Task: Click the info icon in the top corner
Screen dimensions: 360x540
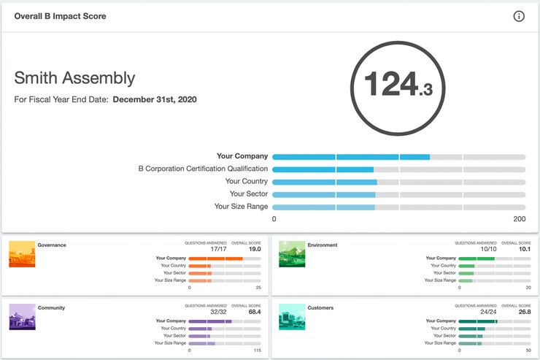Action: (x=519, y=17)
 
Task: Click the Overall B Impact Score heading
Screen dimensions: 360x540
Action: (x=60, y=16)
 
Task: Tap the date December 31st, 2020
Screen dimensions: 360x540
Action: (x=154, y=99)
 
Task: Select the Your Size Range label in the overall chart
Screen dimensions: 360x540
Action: (x=241, y=207)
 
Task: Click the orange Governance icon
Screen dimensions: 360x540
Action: (x=22, y=253)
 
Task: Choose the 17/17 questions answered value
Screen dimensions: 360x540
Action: (x=218, y=249)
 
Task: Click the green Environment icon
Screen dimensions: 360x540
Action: (x=292, y=253)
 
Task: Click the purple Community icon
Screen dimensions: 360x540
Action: (x=22, y=316)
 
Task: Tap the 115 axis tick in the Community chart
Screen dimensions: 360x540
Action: (x=257, y=351)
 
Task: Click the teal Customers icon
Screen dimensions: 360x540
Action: (x=292, y=316)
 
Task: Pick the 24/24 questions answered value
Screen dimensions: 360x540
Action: (x=488, y=312)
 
